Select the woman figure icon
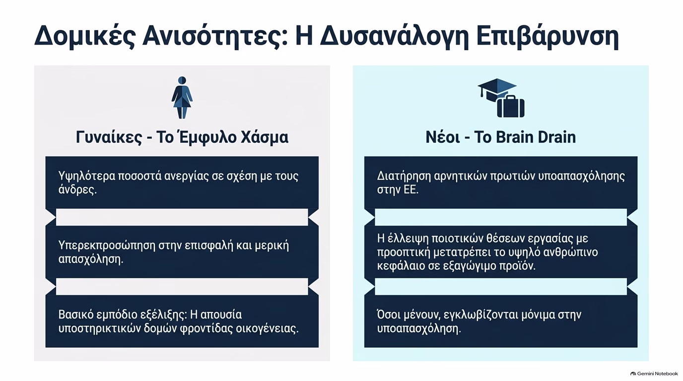coord(182,98)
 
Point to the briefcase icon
coord(511,106)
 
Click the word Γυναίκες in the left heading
coord(109,137)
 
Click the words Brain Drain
coord(536,137)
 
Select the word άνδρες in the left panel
coord(77,190)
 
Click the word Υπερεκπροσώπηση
coord(107,246)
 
